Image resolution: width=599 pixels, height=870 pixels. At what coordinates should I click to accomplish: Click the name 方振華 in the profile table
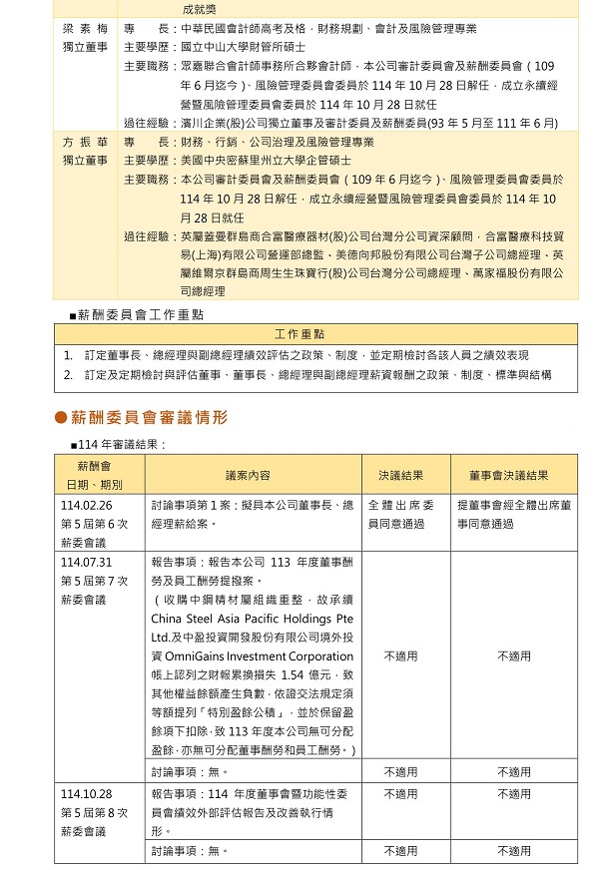pos(84,143)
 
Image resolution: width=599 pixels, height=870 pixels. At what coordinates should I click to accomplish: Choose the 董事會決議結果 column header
pos(514,476)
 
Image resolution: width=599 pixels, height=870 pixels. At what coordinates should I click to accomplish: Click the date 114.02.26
pos(86,505)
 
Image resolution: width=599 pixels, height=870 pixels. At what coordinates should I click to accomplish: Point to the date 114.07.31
pos(86,562)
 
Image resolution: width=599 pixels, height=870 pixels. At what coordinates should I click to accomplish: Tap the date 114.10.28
pos(86,794)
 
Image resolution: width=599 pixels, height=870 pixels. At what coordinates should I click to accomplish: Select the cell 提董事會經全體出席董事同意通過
pos(514,514)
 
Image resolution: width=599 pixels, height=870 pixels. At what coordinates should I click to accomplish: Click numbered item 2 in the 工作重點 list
pos(309,375)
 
